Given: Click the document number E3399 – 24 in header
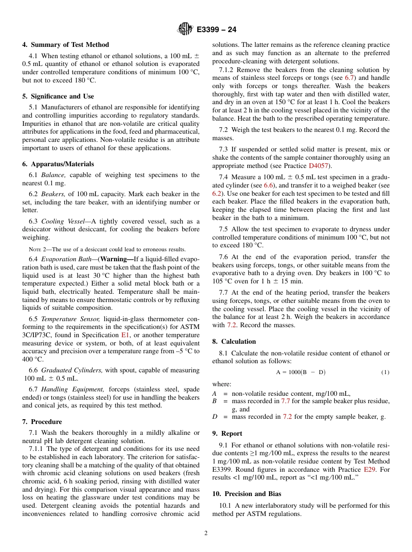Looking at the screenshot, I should (x=216, y=30).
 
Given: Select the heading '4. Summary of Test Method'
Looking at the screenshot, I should (x=65, y=45).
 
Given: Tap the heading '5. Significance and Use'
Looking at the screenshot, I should (x=58, y=96).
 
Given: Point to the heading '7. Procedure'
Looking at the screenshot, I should (x=42, y=422).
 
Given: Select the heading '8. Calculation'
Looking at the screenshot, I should (x=234, y=342).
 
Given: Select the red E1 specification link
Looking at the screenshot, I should (x=125, y=335).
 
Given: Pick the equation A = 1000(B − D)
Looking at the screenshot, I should (x=301, y=372).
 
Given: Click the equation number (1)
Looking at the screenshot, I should (x=385, y=372).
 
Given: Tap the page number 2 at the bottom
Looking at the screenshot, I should (x=206, y=533).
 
